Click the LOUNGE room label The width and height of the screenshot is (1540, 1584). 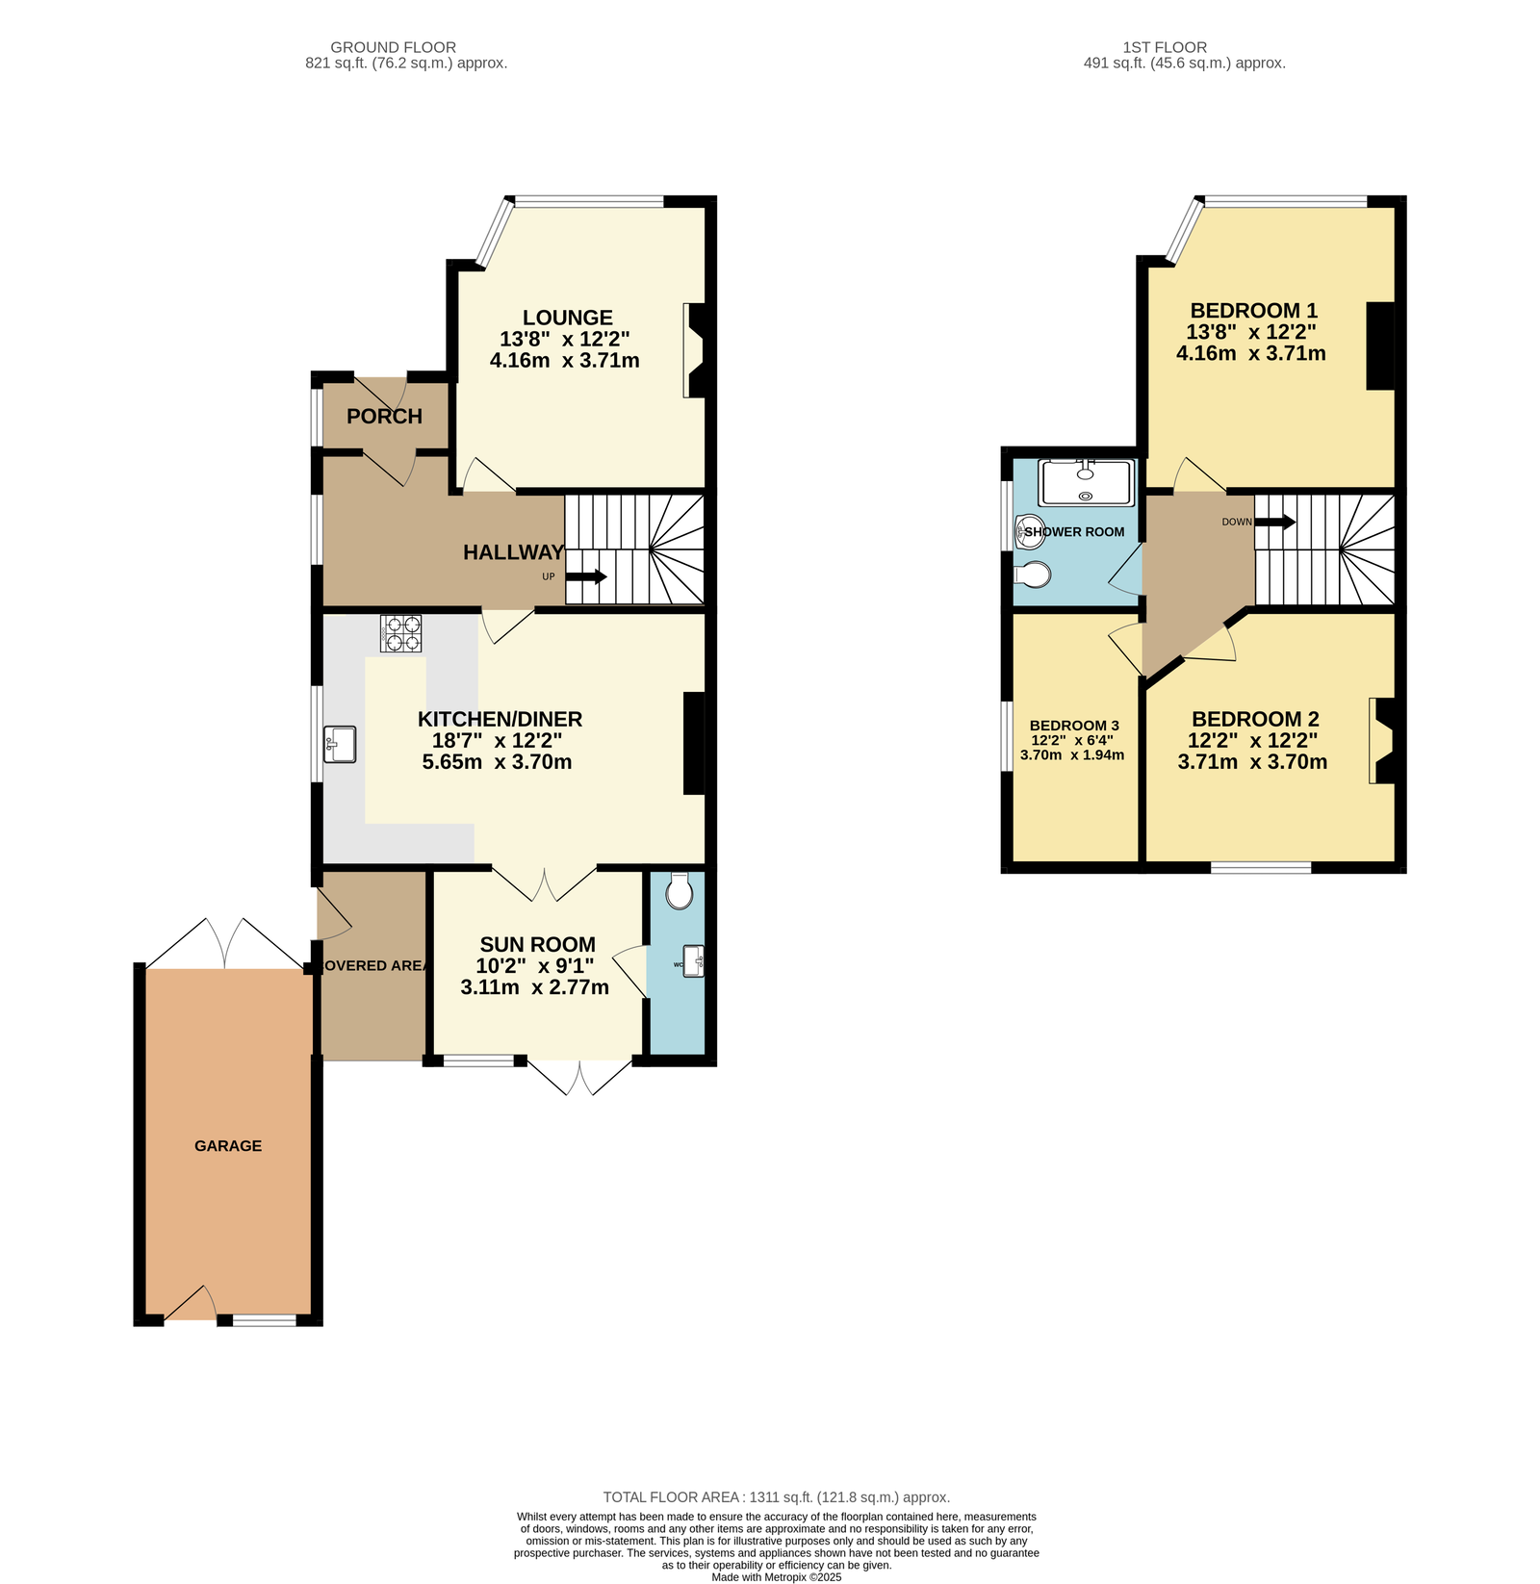(567, 318)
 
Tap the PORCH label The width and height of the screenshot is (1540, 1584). (384, 417)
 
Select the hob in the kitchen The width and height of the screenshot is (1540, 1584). (400, 633)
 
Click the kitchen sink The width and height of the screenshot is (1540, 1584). (340, 744)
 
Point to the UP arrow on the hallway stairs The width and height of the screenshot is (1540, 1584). (585, 577)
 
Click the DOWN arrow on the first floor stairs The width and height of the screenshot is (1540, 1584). (1275, 522)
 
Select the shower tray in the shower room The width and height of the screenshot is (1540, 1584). (1087, 483)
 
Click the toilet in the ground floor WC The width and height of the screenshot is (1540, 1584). (680, 890)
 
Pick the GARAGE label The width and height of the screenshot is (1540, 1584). (228, 1145)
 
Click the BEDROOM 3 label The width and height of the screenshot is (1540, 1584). (1074, 726)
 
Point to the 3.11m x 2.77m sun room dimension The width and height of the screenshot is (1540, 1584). (535, 987)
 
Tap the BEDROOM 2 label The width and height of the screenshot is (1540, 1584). (1255, 719)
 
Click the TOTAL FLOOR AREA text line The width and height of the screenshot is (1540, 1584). (776, 1497)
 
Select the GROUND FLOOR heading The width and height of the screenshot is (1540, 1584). (393, 47)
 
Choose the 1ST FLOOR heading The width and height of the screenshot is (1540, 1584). (1165, 47)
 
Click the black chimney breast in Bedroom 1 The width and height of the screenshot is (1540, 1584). (1381, 346)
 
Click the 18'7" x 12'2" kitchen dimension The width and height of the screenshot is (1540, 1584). (497, 741)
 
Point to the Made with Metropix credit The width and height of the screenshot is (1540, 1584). (777, 1577)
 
